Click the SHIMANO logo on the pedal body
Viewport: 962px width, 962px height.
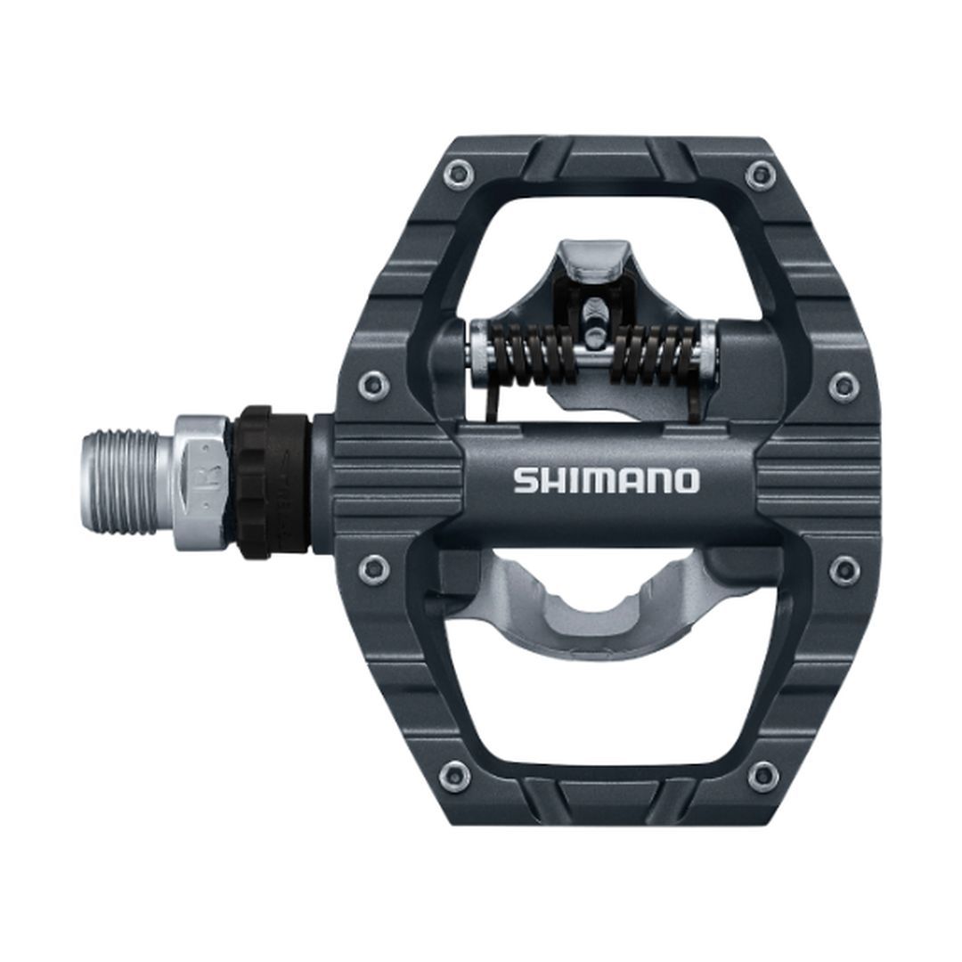(x=606, y=481)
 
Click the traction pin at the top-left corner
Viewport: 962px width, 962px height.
(x=458, y=172)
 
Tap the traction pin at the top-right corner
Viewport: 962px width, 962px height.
(x=759, y=172)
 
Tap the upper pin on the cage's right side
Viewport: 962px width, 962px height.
(x=843, y=386)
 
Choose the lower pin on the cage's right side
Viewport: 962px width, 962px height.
(x=843, y=569)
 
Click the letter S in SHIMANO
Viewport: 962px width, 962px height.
(x=525, y=482)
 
